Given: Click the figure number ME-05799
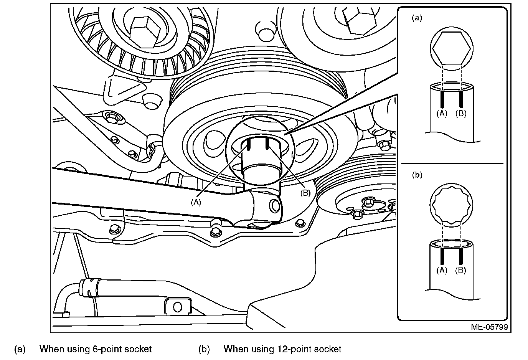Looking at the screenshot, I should tap(489, 327).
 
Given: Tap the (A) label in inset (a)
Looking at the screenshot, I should tap(442, 114).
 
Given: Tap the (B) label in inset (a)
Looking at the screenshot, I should tap(460, 114).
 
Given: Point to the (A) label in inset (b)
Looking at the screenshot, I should tap(442, 270).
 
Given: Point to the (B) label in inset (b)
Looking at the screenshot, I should tap(460, 270).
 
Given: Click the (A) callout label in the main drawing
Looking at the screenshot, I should tap(196, 202).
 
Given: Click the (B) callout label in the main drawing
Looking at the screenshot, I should tap(305, 193).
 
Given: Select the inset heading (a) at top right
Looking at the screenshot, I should tap(417, 18).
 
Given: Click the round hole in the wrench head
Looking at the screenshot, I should tap(275, 205).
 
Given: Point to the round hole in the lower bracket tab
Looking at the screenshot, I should tap(177, 307).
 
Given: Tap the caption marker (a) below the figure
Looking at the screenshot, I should tap(20, 349).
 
